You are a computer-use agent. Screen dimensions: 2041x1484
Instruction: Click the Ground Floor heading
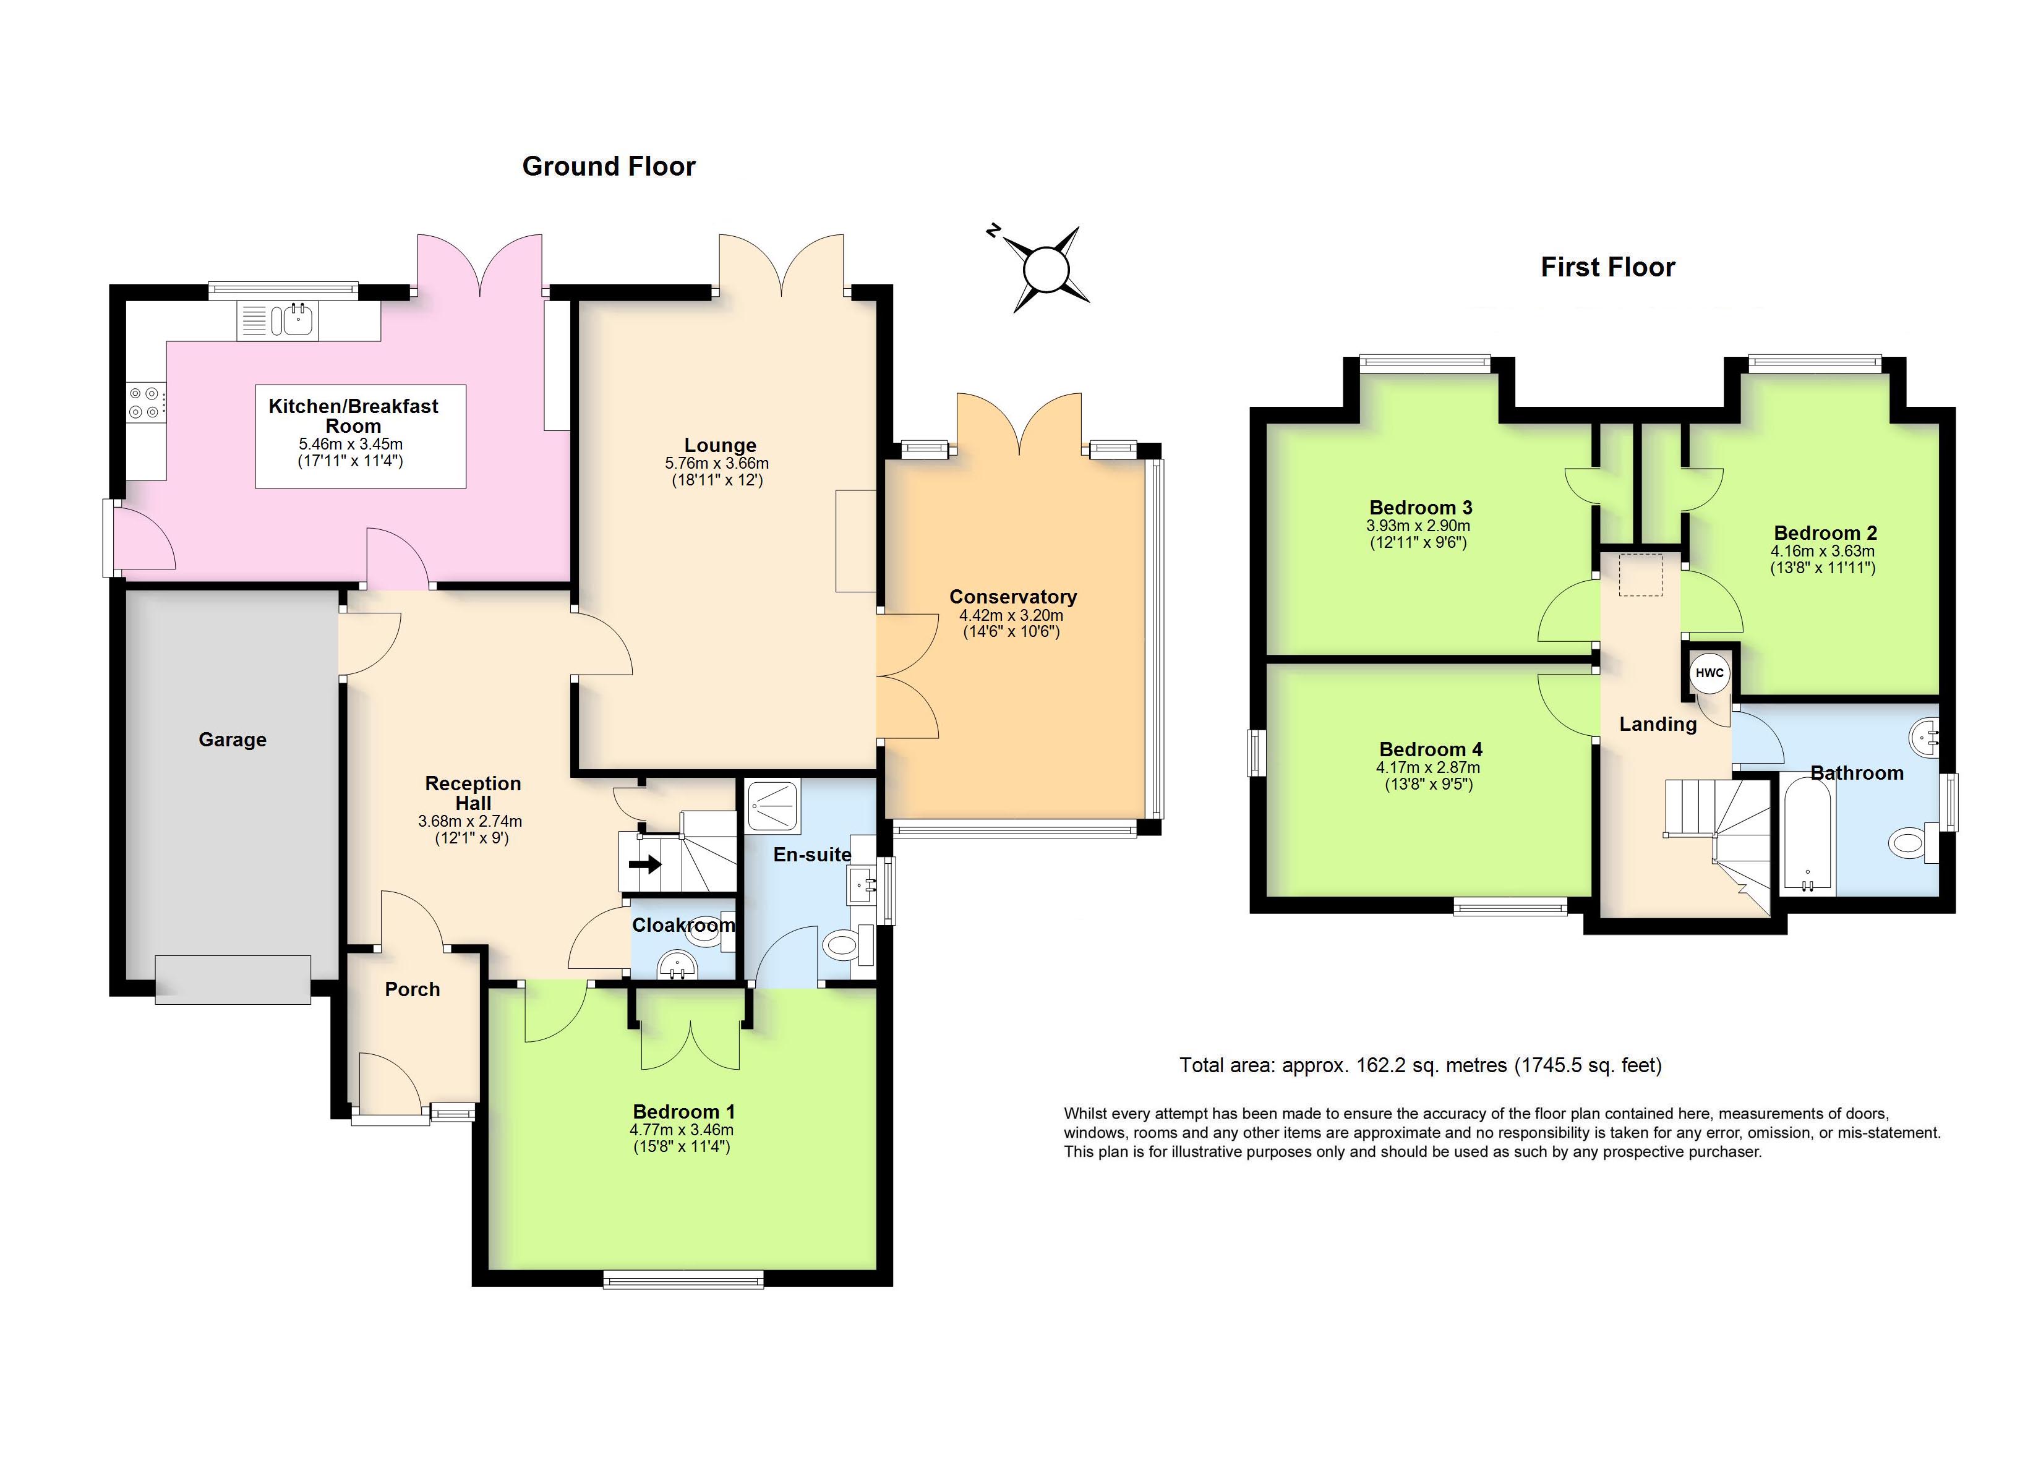[609, 166]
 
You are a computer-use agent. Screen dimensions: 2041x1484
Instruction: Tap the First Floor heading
[1607, 267]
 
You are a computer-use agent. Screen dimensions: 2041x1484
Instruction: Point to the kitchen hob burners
[145, 403]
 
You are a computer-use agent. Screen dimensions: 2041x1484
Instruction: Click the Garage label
[232, 740]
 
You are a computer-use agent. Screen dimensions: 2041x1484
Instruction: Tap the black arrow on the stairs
[644, 865]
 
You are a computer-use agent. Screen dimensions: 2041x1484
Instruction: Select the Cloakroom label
[683, 925]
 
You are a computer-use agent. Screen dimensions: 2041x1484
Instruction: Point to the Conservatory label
[1012, 597]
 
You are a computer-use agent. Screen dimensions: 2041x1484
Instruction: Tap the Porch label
[412, 990]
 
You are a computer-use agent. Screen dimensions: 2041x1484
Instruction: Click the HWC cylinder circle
[1709, 673]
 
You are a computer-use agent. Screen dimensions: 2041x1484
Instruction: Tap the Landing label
[1658, 725]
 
